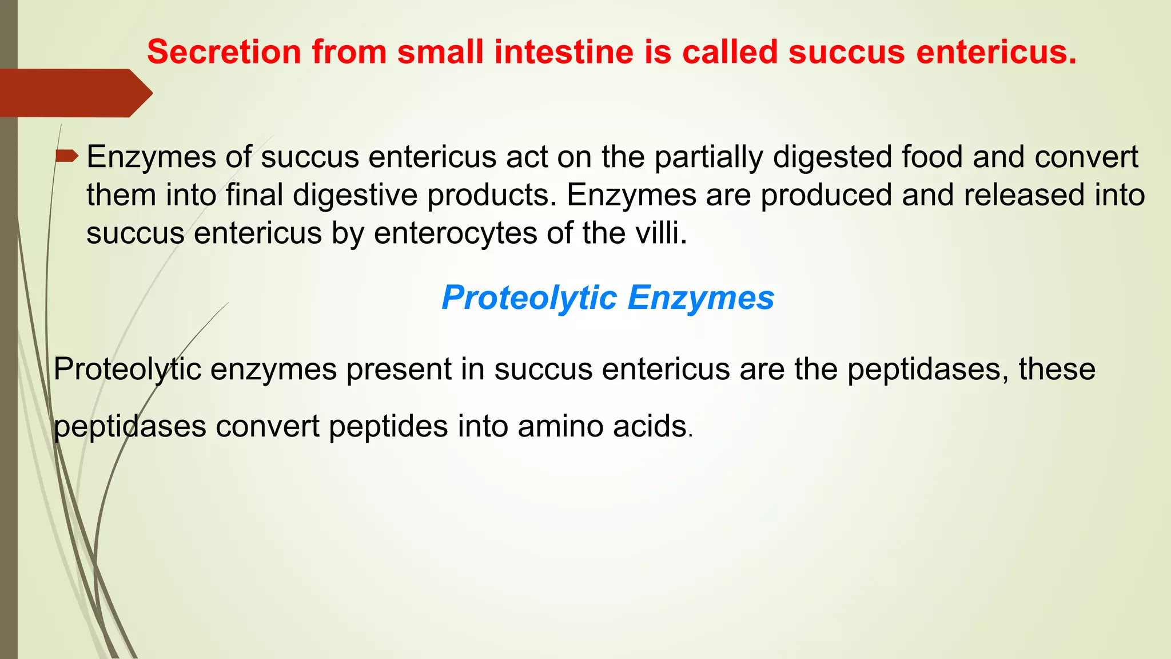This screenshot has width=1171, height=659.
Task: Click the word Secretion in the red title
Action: point(224,51)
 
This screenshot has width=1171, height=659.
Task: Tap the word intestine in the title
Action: point(564,51)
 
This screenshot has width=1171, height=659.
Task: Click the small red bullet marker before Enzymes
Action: point(67,156)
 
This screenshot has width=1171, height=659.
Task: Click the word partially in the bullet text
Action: point(708,157)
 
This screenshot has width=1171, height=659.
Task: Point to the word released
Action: point(1024,195)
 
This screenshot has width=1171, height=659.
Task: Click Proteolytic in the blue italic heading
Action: point(529,297)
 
